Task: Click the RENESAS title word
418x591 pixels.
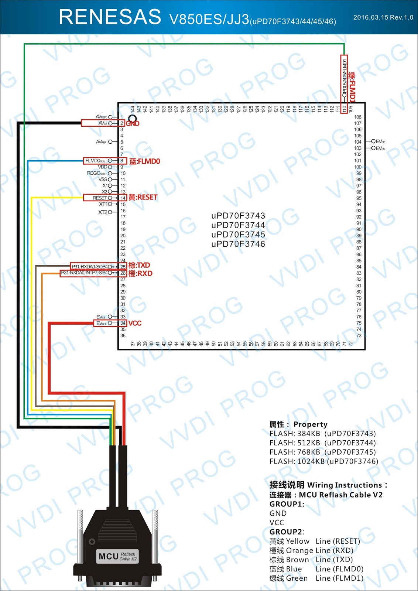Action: point(110,17)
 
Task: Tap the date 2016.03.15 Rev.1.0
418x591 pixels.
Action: point(383,17)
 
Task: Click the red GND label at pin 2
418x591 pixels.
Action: point(133,124)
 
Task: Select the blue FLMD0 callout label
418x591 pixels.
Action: point(144,161)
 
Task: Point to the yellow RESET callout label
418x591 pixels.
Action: point(143,198)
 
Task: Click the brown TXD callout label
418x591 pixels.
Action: point(139,265)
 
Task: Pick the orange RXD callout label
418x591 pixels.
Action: point(140,274)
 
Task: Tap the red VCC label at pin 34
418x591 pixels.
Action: point(135,323)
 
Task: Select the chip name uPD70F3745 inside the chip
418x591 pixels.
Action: point(238,235)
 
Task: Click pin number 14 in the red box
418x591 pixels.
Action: point(123,198)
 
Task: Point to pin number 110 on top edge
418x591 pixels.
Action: point(344,109)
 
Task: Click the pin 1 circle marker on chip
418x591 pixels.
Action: point(132,119)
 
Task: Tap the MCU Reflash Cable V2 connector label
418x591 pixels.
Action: point(117,556)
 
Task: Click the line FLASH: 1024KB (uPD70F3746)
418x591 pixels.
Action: point(324,461)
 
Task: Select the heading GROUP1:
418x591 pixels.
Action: point(287,504)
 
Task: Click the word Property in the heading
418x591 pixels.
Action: point(310,424)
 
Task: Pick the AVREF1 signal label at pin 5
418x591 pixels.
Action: point(102,142)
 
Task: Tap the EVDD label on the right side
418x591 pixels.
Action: point(380,141)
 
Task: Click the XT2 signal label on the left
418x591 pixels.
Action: point(103,212)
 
